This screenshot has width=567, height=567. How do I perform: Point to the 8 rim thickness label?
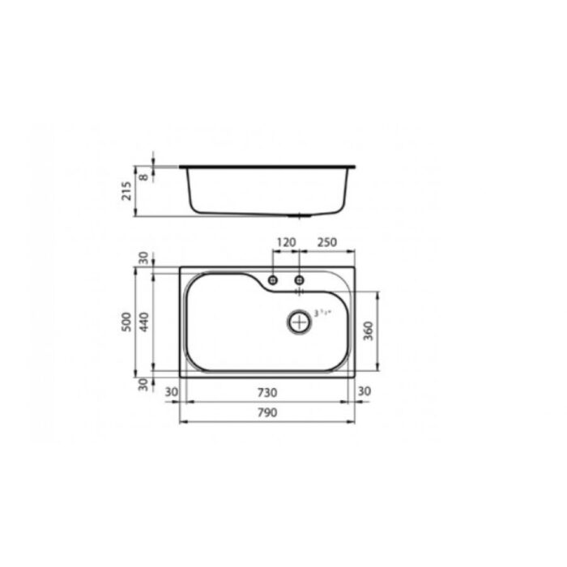pos(143,173)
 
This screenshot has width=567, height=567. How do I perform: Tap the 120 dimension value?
pos(286,242)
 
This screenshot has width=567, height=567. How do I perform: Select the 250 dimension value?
pos(327,242)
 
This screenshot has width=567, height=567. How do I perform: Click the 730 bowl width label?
pos(268,393)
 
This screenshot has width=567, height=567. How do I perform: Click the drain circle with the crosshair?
pos(300,322)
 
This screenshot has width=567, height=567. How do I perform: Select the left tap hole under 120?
pos(273,279)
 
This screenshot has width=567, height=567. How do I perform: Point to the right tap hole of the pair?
pos(300,279)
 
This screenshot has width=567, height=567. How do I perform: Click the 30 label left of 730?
pos(171,393)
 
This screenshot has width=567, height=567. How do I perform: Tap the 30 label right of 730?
pos(364,393)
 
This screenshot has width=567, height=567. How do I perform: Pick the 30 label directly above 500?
pos(143,258)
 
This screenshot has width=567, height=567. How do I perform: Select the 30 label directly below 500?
pos(143,383)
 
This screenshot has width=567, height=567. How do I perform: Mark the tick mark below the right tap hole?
pos(300,290)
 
